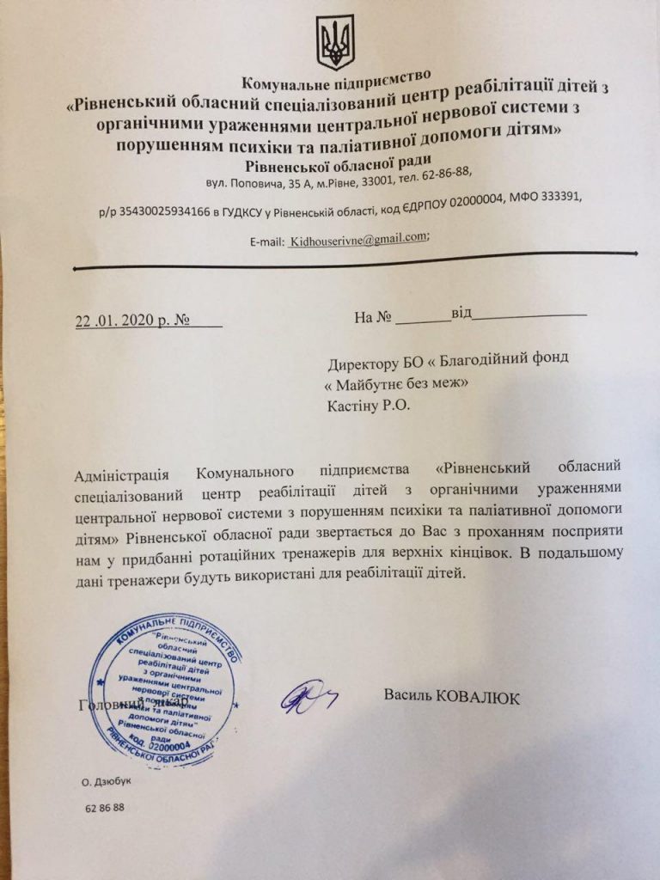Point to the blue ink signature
305,696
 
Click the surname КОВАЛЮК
478,698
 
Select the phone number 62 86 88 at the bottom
106,809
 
